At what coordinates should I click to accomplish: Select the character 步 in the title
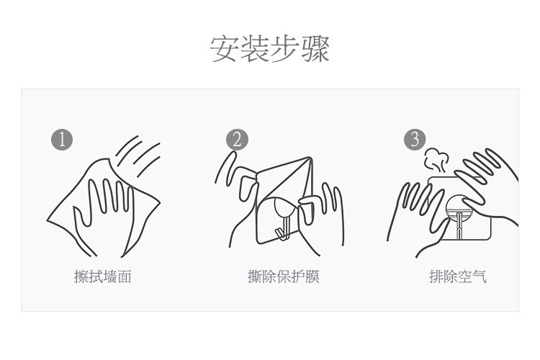(285, 48)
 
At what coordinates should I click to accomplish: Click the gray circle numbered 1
(63, 140)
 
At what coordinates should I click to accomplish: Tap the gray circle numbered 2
(237, 140)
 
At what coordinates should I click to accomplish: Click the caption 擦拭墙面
(103, 276)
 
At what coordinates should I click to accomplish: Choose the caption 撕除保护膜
(283, 276)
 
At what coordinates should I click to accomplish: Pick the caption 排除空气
(458, 276)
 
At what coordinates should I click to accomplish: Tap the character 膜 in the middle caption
(312, 276)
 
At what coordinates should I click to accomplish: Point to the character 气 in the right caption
(480, 276)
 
